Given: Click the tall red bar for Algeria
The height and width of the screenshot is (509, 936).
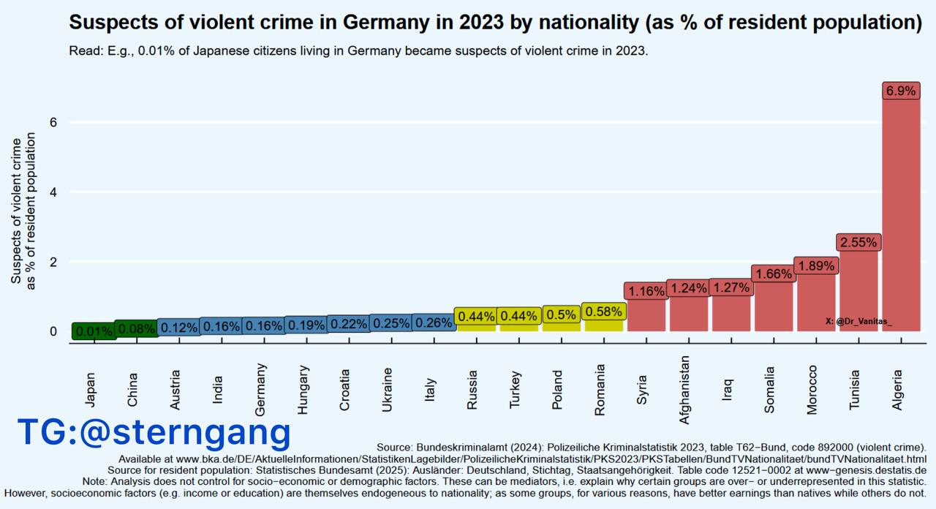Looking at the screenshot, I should click(901, 219).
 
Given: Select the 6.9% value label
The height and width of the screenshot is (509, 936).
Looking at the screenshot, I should click(901, 91).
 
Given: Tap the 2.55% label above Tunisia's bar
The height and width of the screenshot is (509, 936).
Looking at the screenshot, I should click(858, 242).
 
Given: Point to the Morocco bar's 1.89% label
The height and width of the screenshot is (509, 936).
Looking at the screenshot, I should click(815, 266).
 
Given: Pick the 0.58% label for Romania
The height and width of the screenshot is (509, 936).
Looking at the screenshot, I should click(603, 312).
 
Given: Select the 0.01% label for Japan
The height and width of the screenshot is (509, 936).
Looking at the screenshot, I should click(94, 331).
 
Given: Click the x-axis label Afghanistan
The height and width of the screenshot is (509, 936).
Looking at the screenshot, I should click(685, 390).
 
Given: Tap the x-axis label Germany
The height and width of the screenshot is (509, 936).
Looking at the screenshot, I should click(261, 390).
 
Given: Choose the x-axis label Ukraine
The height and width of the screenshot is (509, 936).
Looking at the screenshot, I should click(388, 390).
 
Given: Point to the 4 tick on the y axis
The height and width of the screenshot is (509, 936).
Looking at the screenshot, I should click(53, 192).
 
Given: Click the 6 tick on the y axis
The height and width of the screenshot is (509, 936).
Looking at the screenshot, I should click(53, 122).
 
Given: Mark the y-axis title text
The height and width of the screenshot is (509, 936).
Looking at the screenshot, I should click(23, 210).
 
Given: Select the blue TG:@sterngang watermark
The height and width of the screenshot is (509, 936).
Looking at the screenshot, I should click(154, 432).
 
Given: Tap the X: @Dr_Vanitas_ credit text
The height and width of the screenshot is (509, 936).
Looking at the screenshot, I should click(858, 321).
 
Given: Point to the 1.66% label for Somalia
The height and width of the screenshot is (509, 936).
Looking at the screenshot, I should click(774, 274).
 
